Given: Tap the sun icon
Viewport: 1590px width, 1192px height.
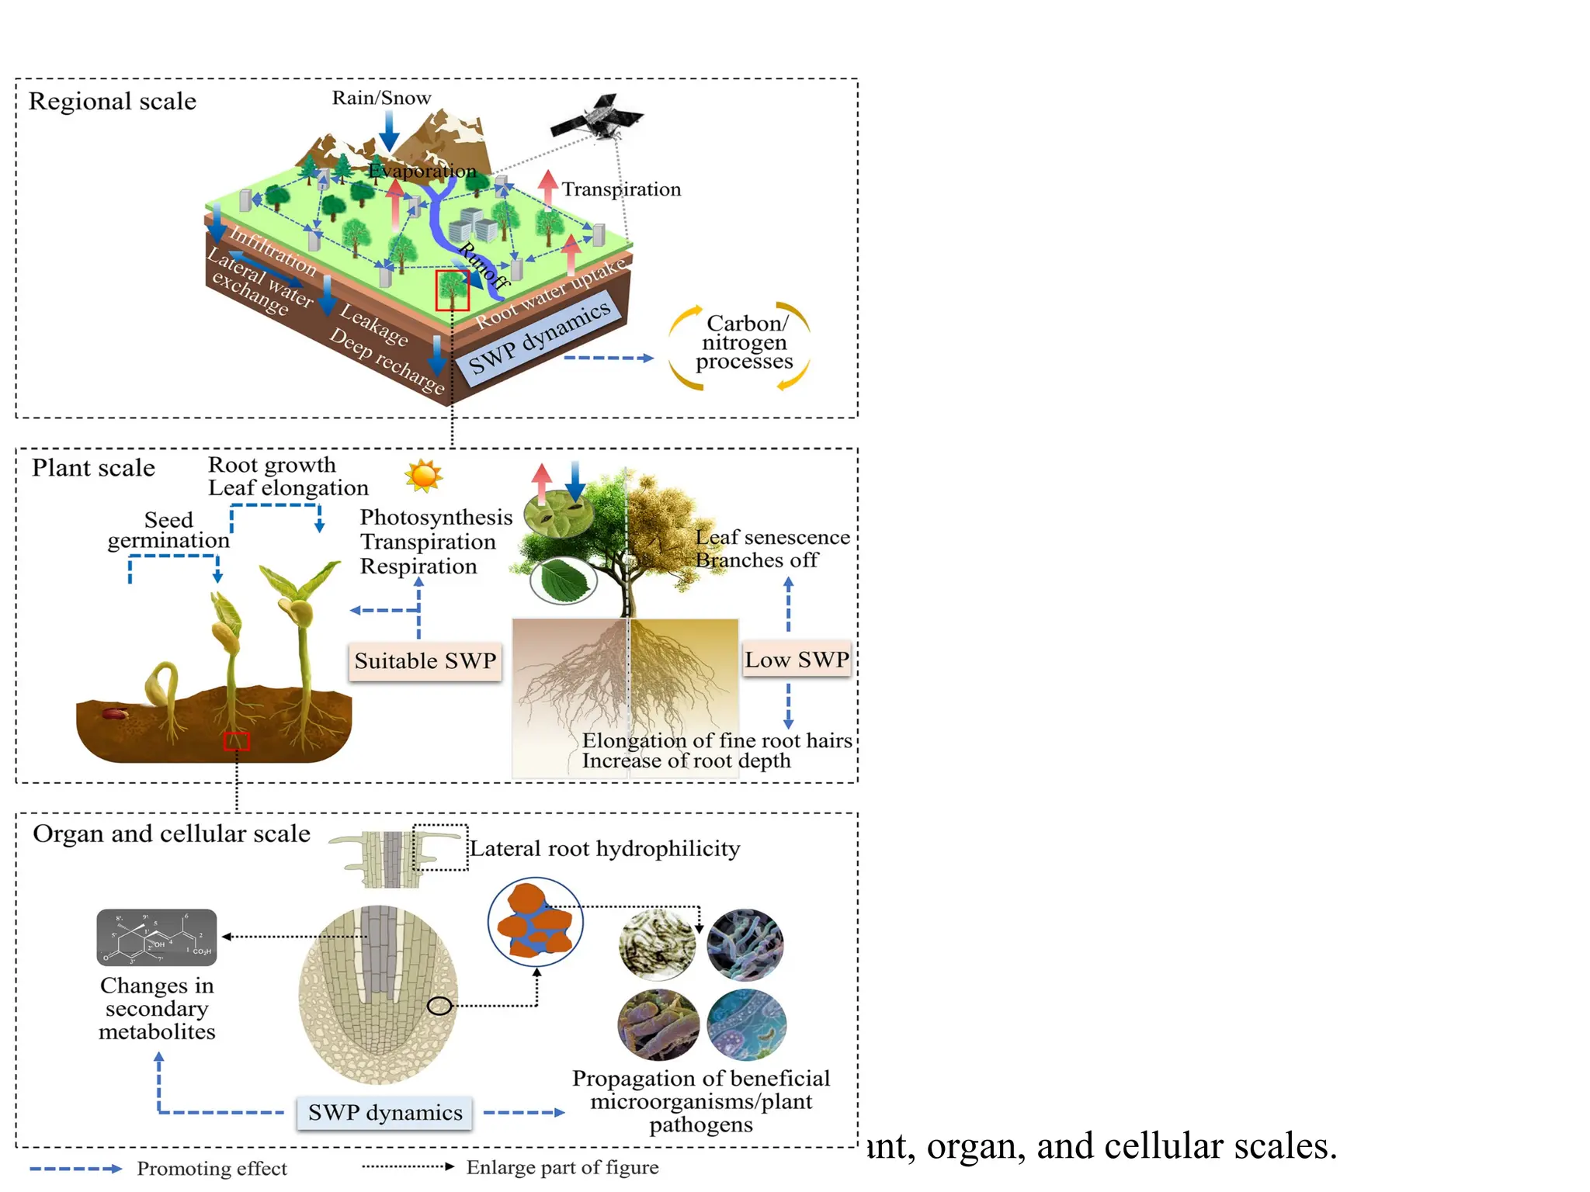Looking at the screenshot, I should click(424, 475).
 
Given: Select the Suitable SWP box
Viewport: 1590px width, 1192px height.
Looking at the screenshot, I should click(425, 661).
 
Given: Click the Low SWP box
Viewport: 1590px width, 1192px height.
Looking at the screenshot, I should click(797, 660).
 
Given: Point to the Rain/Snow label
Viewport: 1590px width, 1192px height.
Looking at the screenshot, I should click(381, 98).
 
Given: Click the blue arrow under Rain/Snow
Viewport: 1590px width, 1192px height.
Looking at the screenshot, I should click(389, 130).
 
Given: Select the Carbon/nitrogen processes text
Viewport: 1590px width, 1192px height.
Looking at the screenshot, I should click(744, 342).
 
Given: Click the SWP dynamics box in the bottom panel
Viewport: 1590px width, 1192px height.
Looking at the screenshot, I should click(385, 1112).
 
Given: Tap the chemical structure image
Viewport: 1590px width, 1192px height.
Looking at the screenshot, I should click(157, 937).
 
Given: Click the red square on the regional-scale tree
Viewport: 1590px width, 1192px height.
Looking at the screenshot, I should click(452, 290).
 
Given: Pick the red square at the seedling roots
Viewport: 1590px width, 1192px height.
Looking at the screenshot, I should click(237, 741).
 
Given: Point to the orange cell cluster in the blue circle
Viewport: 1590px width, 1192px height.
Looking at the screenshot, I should click(536, 921).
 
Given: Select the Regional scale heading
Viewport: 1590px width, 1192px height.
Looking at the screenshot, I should click(113, 101).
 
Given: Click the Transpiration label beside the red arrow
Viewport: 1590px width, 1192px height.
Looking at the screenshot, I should click(621, 189).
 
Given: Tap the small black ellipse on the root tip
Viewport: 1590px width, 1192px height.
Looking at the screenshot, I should click(439, 1006).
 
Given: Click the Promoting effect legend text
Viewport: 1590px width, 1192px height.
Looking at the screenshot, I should click(212, 1168).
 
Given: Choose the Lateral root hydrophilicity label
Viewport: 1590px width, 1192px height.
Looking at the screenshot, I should click(605, 848).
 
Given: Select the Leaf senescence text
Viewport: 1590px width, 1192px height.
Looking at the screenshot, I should click(772, 537).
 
